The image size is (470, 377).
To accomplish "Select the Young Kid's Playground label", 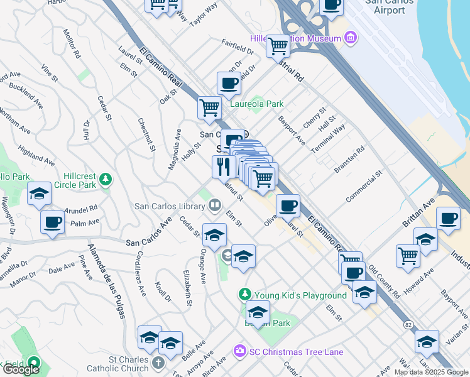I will [x=300, y=295].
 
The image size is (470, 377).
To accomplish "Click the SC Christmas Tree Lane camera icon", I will [x=239, y=351].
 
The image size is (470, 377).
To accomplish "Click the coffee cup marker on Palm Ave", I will [x=52, y=222].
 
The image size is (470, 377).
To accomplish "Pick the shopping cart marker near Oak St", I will [x=209, y=107].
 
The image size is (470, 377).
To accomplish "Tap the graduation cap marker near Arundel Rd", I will [x=39, y=194].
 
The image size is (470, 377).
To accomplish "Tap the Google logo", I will [x=21, y=369].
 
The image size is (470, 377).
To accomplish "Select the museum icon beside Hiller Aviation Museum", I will [x=350, y=39].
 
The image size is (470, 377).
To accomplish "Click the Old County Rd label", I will [x=384, y=280].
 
